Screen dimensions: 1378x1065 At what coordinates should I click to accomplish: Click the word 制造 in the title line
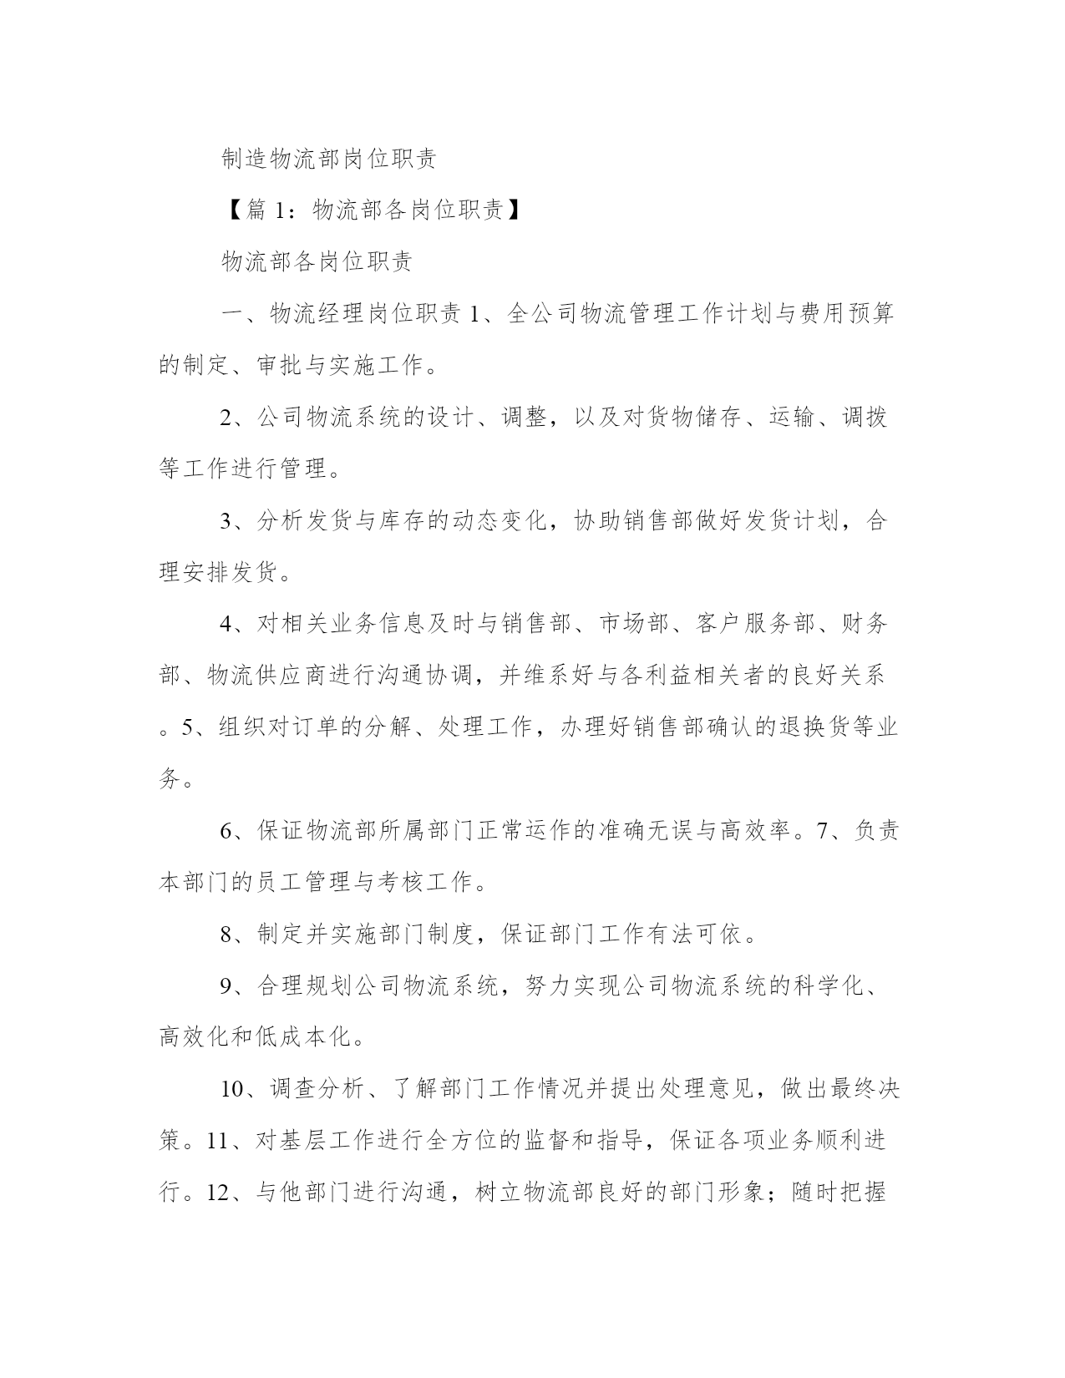coord(245,159)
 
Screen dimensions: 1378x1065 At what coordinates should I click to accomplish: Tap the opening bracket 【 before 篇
coord(231,210)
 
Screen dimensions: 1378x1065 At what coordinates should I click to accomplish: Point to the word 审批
coord(281,365)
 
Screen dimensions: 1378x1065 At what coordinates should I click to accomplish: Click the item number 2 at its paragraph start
coord(226,418)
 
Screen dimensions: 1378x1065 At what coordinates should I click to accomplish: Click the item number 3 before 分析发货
coord(226,521)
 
